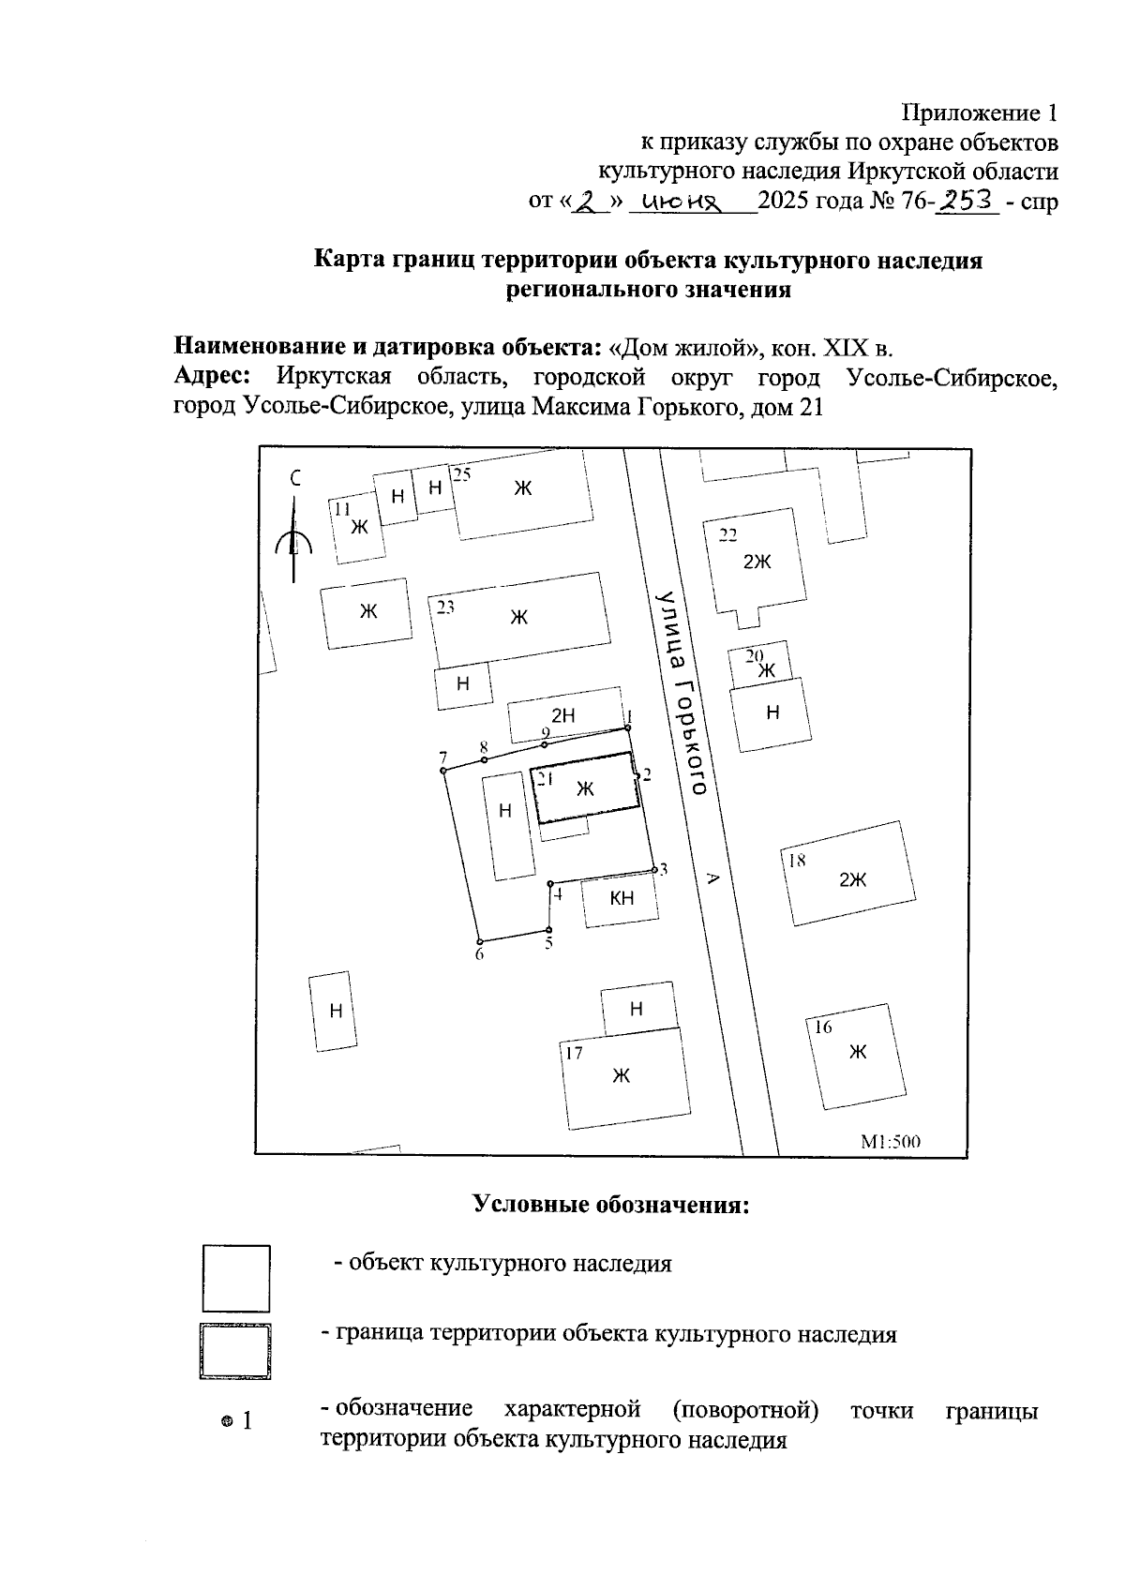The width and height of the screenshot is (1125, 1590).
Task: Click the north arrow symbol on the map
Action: click(x=293, y=536)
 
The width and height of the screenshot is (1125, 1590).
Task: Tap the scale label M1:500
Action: click(x=891, y=1142)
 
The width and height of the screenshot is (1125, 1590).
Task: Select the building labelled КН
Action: click(x=621, y=899)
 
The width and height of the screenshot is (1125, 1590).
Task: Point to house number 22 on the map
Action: click(x=727, y=535)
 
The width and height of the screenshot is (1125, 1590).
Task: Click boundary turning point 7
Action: click(x=442, y=771)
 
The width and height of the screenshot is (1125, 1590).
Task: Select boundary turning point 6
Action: click(x=479, y=941)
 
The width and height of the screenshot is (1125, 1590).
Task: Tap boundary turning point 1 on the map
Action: click(x=628, y=727)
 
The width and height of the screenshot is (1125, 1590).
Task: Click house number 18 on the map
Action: click(x=797, y=861)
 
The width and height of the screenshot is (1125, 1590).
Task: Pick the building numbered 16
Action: click(x=855, y=1054)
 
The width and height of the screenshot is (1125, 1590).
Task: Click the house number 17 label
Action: click(x=574, y=1053)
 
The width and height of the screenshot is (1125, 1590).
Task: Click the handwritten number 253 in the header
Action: click(x=968, y=201)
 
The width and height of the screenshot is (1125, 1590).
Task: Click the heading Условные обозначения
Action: click(x=610, y=1204)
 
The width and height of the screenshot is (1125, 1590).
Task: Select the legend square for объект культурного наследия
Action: click(x=236, y=1278)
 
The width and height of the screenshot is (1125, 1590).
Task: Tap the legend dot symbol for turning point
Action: click(x=226, y=1422)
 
